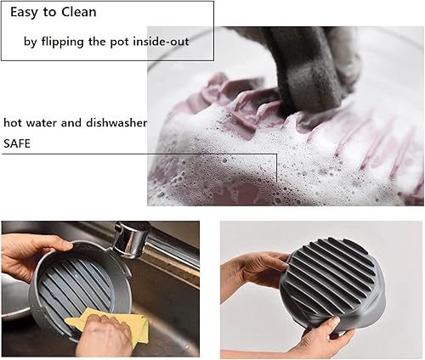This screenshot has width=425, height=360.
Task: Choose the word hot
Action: [x=14, y=123]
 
